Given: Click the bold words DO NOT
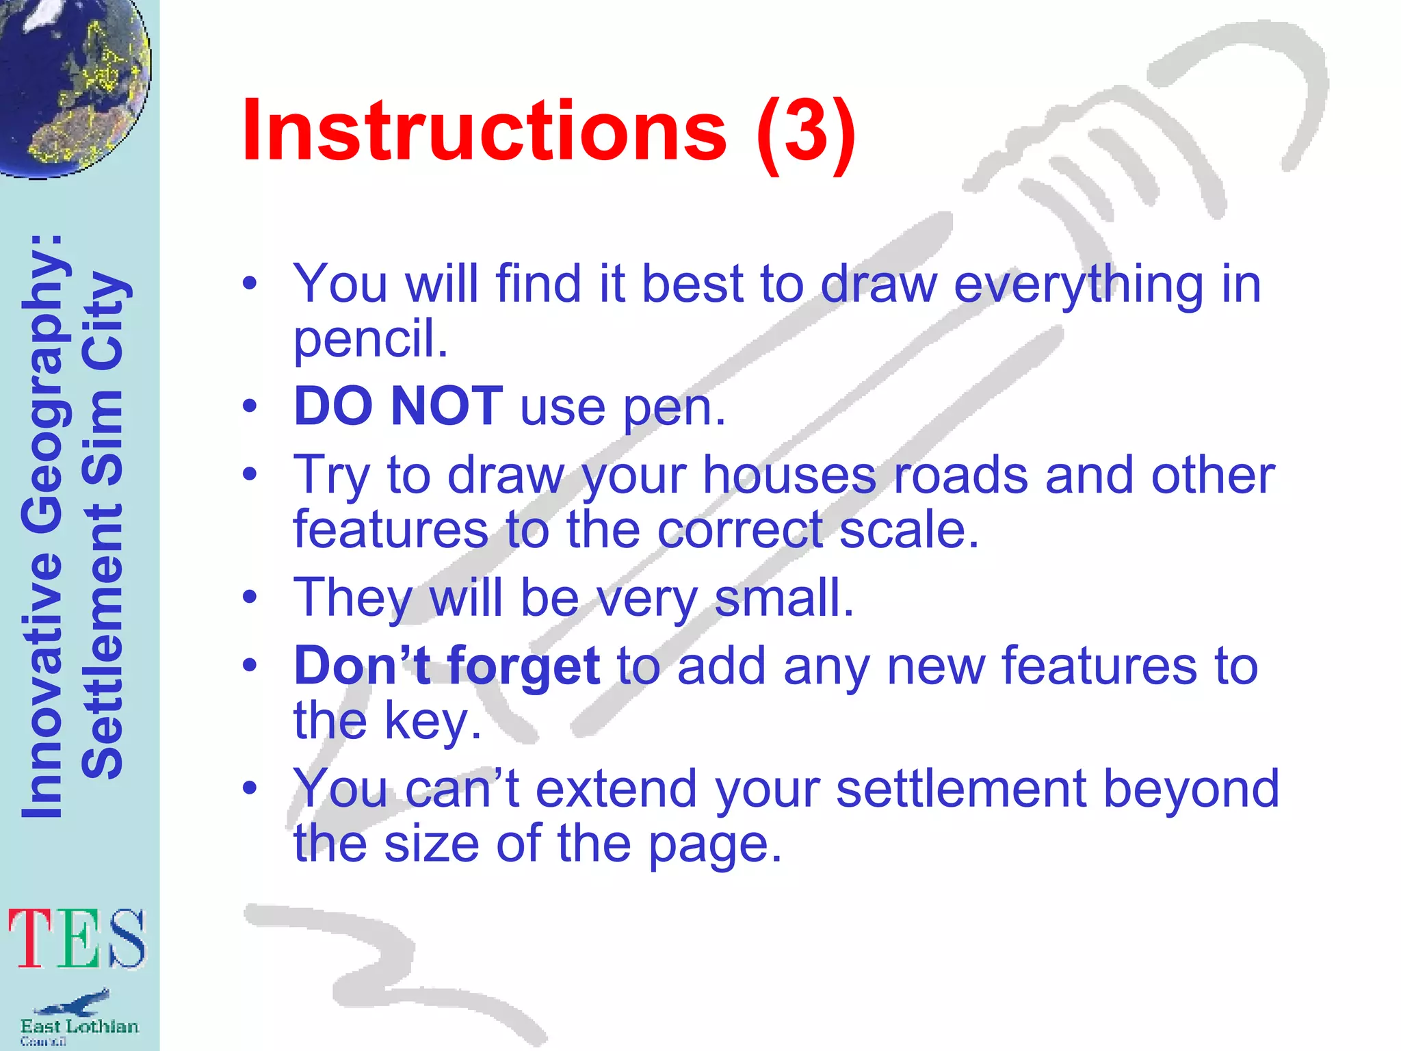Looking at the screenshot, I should tap(398, 406).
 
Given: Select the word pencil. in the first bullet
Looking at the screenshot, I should tap(370, 339).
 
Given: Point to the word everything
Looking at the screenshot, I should tap(1078, 285).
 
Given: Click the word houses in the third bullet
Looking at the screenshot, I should tap(789, 475).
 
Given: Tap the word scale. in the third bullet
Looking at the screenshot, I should tap(908, 530).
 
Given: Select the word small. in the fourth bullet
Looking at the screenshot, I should tap(784, 597).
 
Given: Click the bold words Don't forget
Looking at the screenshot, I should tap(447, 666).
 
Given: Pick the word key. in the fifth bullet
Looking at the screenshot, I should tap(432, 721).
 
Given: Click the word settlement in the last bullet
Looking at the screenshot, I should tap(961, 788).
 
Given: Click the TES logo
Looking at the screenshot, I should tap(77, 939).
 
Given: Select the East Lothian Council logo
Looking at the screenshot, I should tap(78, 1017).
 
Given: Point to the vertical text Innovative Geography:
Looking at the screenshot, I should tap(42, 527).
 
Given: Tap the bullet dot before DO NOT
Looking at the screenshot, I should tap(250, 406).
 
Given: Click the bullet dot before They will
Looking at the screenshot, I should tap(250, 597).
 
